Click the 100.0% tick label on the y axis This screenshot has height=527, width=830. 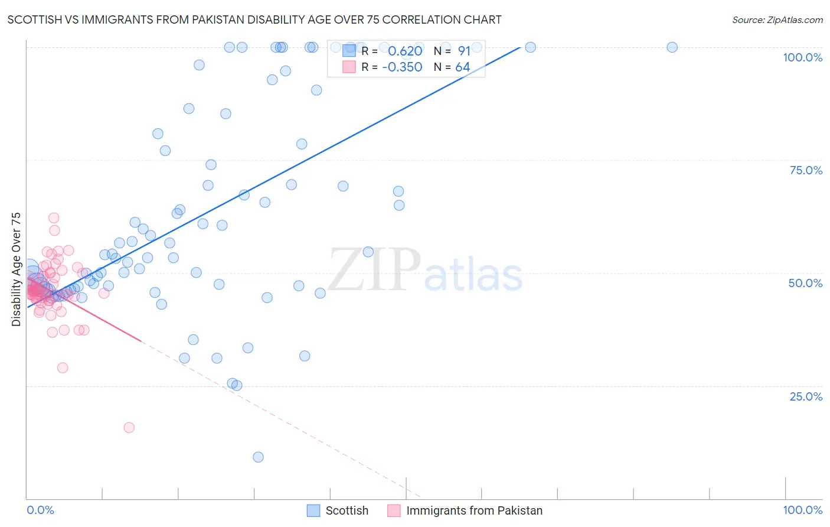(x=802, y=57)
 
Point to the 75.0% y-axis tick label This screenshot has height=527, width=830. (x=806, y=170)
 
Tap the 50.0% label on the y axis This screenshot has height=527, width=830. (x=805, y=283)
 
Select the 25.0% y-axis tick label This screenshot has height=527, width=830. (x=806, y=396)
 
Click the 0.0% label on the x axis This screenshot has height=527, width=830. (x=40, y=510)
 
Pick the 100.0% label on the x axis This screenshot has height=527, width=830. (x=802, y=510)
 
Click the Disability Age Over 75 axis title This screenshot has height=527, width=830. (x=16, y=269)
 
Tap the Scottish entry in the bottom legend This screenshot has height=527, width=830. (x=347, y=510)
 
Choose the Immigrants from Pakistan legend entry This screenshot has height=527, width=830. (x=474, y=510)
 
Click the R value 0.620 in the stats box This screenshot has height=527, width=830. (x=405, y=51)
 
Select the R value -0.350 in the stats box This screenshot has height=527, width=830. (x=402, y=67)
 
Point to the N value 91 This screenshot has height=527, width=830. (x=464, y=51)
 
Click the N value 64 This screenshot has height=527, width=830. (x=463, y=67)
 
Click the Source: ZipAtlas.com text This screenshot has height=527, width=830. (x=777, y=20)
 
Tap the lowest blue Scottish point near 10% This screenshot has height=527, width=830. (x=258, y=457)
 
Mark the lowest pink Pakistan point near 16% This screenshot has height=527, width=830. (x=129, y=428)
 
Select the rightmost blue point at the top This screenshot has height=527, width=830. (x=672, y=47)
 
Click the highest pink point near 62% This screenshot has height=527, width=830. (x=54, y=218)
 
